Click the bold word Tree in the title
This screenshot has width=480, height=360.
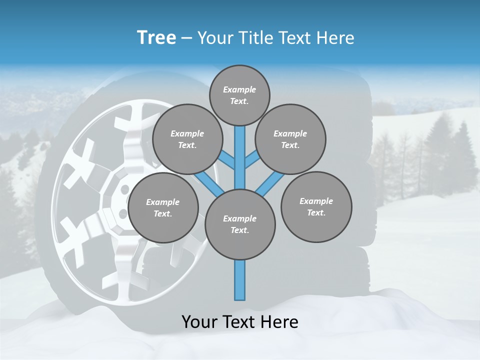156,38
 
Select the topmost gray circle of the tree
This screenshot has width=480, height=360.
239,95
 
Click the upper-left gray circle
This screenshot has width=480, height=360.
187,139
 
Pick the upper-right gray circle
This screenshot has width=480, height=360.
290,139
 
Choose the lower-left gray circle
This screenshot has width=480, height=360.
163,207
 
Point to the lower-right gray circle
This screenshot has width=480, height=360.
316,206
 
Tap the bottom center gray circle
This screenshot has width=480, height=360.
240,224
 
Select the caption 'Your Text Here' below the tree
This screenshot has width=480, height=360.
240,322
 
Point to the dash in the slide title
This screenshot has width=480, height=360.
186,38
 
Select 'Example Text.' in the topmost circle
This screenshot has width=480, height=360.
239,95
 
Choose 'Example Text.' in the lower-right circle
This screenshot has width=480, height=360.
316,206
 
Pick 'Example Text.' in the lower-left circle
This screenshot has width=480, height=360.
163,207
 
